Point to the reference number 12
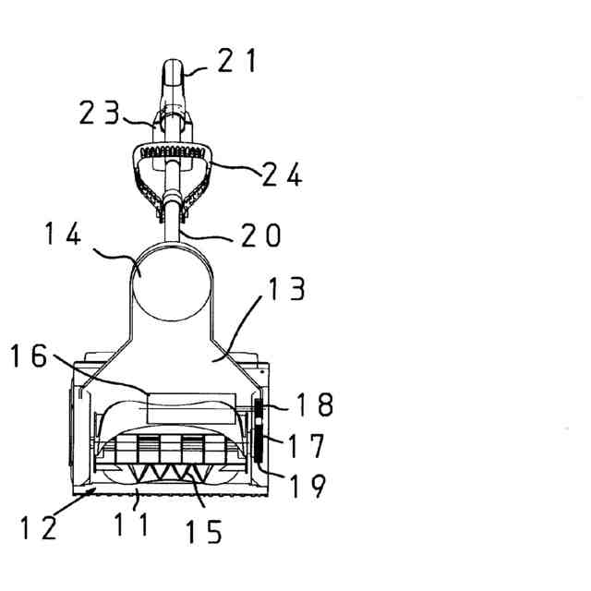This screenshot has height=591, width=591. pyautogui.click(x=39, y=527)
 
